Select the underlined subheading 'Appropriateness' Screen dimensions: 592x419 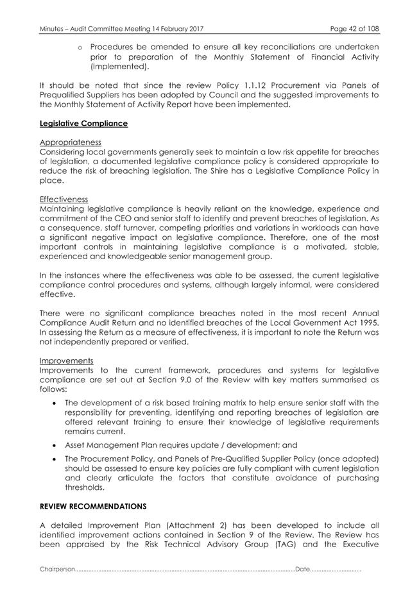pos(71,142)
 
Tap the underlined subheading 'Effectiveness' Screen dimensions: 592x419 pos(64,199)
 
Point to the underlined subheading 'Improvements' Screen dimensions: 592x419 pos(67,360)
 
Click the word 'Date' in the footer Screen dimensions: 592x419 pos(302,569)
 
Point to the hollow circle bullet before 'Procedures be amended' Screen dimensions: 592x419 pos(81,47)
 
